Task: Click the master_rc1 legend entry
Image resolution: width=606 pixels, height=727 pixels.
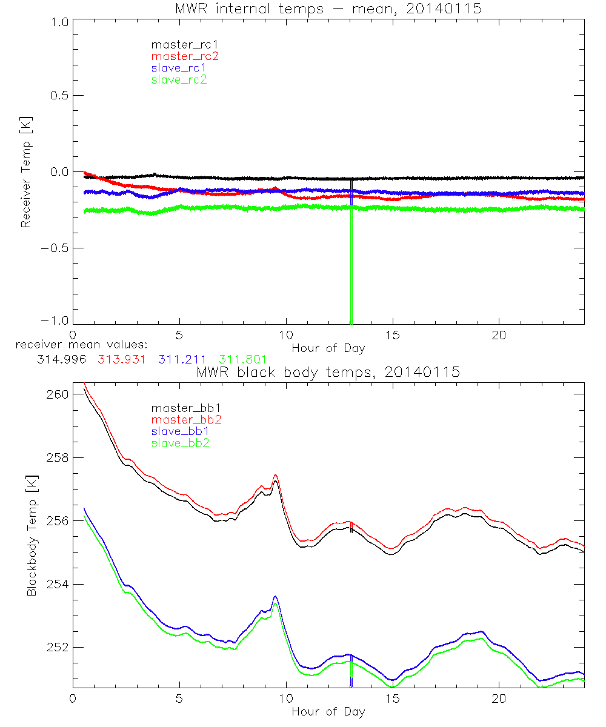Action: (179, 44)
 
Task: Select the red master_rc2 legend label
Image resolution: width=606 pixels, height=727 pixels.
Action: (185, 56)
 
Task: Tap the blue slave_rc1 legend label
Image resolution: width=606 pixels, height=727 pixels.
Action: (179, 68)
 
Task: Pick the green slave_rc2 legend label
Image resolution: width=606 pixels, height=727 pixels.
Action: (179, 79)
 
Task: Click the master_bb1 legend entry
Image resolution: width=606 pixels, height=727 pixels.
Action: (181, 408)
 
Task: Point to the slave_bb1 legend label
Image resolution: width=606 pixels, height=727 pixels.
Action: (181, 431)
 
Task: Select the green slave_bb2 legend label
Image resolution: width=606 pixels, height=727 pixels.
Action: (181, 443)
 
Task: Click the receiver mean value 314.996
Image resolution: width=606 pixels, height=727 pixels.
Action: (59, 360)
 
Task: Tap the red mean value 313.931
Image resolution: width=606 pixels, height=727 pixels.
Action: (120, 360)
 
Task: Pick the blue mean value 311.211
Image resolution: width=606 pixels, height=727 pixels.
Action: (181, 360)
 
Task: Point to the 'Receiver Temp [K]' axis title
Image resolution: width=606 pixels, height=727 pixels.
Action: (25, 172)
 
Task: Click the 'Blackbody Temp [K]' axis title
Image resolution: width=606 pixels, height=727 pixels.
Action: (32, 536)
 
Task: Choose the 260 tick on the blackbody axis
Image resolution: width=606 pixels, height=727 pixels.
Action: (56, 394)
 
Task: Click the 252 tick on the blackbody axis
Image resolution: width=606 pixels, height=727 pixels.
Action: (56, 648)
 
